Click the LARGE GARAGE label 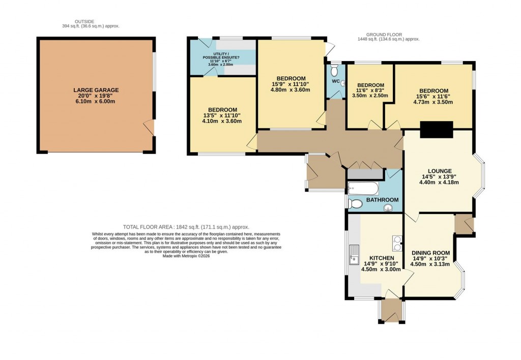pos(96,90)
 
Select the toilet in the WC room pos(334,70)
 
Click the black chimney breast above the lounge pos(436,130)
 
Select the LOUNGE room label pos(440,171)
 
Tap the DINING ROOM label pos(430,253)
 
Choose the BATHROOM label pos(382,200)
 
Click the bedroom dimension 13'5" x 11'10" pos(222,115)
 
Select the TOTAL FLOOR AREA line pos(186,227)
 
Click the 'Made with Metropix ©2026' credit pos(186,256)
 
